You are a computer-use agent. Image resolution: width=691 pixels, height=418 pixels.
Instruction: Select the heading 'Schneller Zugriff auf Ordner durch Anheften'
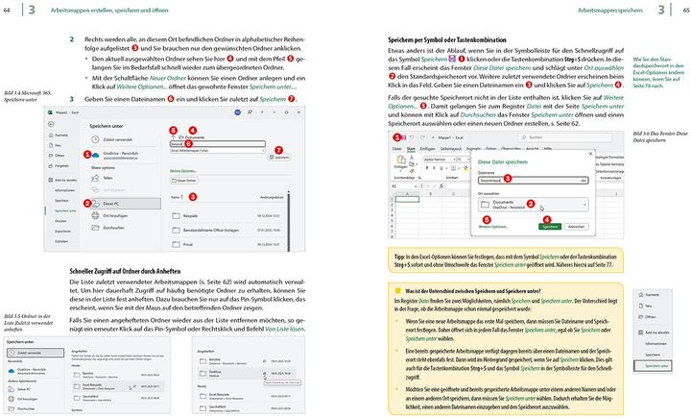coord(129,271)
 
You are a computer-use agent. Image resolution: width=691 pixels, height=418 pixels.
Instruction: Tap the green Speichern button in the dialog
coord(550,226)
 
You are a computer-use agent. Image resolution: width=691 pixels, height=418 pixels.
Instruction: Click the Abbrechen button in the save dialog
coord(576,226)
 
